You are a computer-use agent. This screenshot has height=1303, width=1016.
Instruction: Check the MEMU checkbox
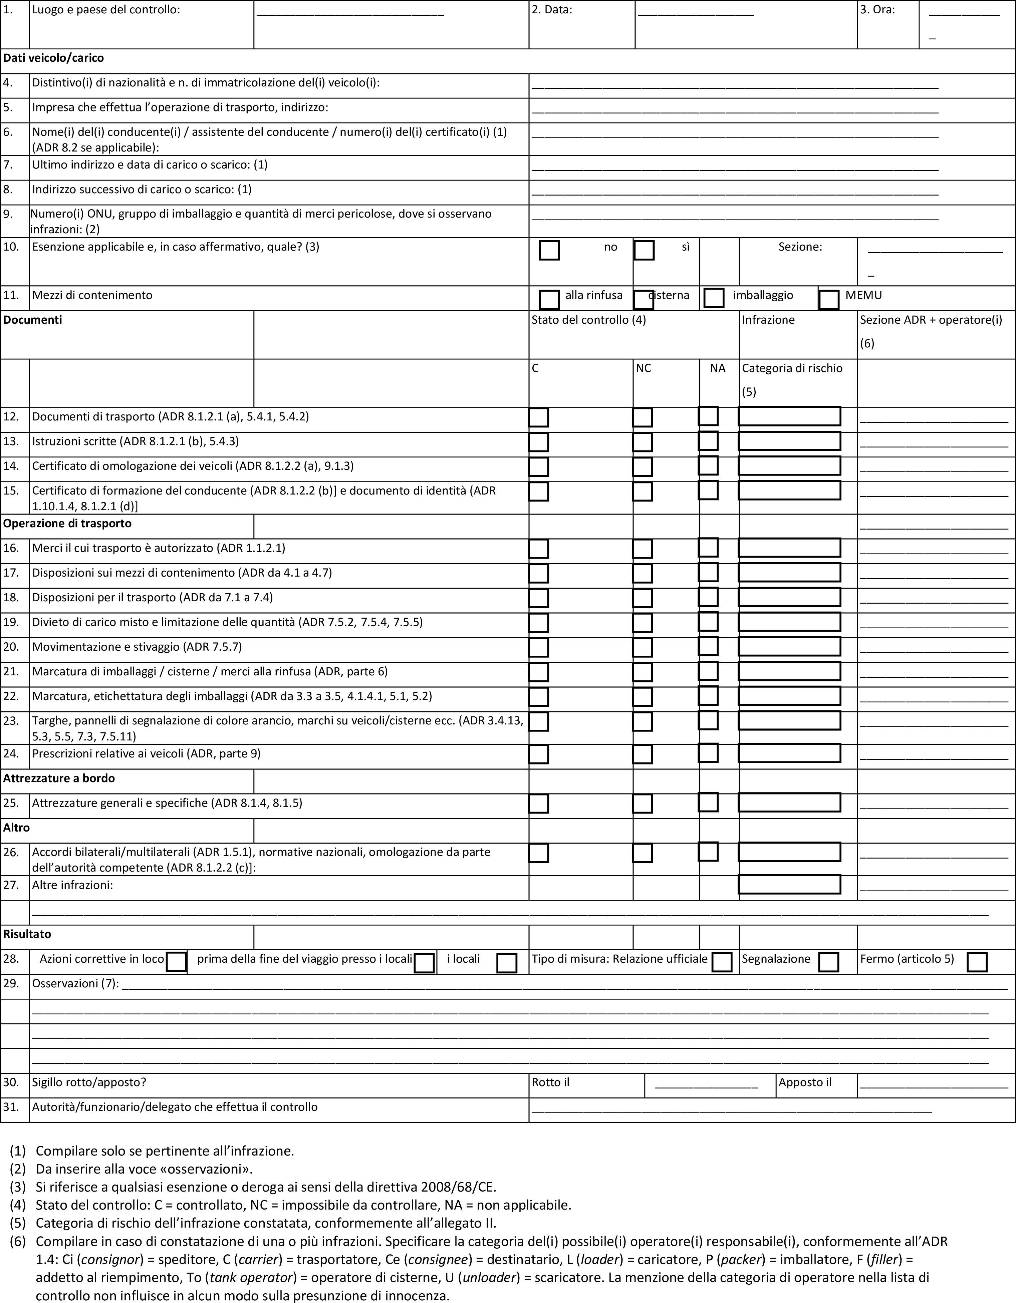coord(828,300)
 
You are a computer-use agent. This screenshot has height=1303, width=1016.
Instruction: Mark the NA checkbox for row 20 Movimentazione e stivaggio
coord(708,646)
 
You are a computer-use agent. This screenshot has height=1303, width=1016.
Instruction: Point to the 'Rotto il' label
coord(550,1082)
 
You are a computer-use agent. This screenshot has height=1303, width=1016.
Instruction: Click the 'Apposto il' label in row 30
coord(805,1082)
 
